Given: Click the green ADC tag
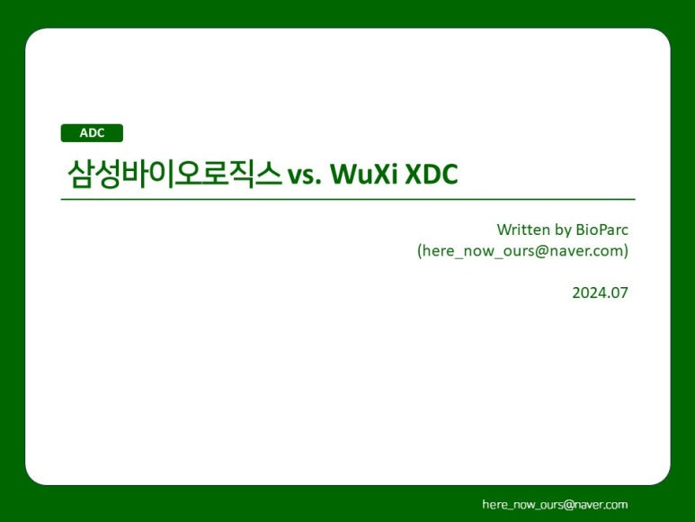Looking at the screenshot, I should [x=92, y=133].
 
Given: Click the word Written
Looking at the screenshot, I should [x=523, y=229].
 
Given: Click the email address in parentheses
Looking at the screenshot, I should [x=522, y=251].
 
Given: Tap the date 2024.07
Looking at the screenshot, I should [x=600, y=292].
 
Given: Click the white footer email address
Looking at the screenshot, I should [x=555, y=505].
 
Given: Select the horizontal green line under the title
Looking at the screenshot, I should [x=347, y=199].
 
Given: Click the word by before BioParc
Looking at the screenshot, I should [x=564, y=229].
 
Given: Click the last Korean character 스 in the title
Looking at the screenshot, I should [x=268, y=173].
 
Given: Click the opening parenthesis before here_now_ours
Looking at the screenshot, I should [x=420, y=251].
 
